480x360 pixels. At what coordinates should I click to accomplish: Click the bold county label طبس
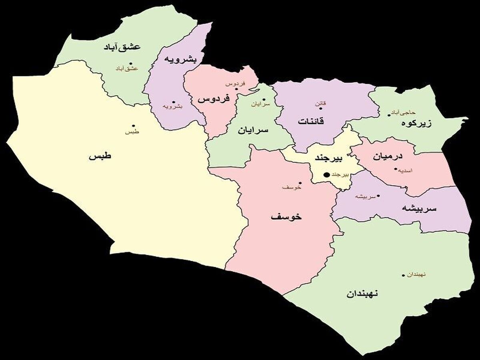100,156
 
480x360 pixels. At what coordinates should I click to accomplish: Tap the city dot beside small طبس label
133,125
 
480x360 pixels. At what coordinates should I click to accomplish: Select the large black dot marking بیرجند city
326,174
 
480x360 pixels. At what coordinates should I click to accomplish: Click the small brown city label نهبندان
416,274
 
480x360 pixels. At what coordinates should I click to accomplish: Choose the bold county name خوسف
286,217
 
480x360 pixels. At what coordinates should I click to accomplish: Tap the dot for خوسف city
300,183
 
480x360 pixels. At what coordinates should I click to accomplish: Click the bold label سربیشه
419,208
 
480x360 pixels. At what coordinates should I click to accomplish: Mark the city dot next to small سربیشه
378,196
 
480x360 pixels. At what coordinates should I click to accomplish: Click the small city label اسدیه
406,170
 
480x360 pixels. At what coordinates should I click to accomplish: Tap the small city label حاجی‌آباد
405,113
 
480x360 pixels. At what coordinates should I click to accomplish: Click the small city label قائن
321,103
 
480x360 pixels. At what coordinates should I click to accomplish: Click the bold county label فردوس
213,98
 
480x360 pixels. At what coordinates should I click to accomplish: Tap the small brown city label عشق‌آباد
126,68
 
